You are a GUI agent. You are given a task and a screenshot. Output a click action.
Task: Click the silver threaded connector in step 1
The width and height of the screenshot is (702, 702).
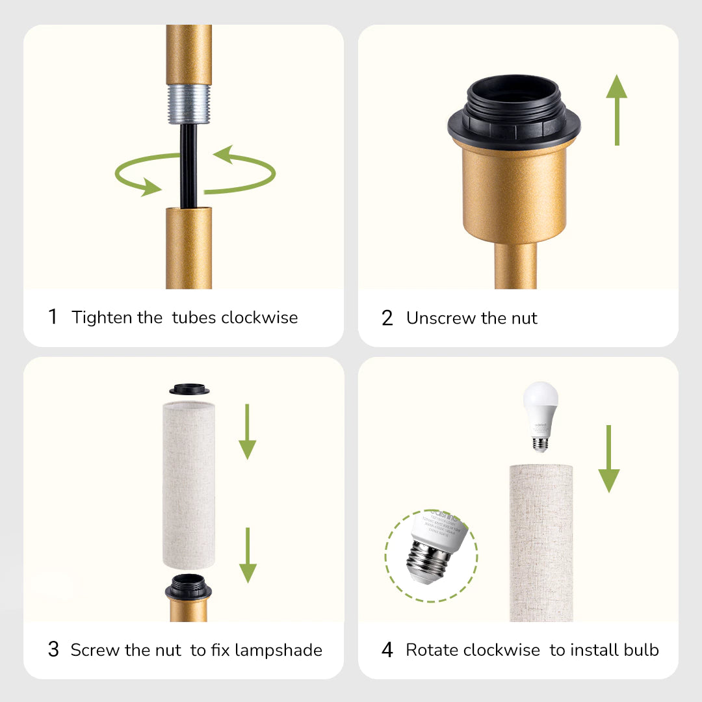click(x=188, y=103)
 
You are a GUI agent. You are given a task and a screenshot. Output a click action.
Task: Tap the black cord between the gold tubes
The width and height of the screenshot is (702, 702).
click(x=189, y=166)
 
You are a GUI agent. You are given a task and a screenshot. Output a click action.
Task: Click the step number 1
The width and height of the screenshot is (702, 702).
click(x=53, y=317)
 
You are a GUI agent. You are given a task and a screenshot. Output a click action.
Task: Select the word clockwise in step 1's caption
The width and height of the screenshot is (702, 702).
click(x=259, y=317)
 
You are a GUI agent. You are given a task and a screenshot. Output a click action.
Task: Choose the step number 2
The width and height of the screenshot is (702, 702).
click(x=387, y=318)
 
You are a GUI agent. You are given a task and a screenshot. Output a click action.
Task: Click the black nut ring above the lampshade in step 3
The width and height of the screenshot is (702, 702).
click(x=189, y=390)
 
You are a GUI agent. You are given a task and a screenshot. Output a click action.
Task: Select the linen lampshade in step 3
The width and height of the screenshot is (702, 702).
click(x=188, y=484)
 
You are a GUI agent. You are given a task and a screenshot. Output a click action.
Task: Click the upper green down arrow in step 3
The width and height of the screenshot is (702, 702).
click(x=247, y=432)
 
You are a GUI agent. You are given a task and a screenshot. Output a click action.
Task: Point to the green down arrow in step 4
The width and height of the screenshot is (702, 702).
click(x=608, y=459)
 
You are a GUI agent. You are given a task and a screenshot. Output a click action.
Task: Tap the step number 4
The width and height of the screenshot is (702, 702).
click(x=387, y=649)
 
